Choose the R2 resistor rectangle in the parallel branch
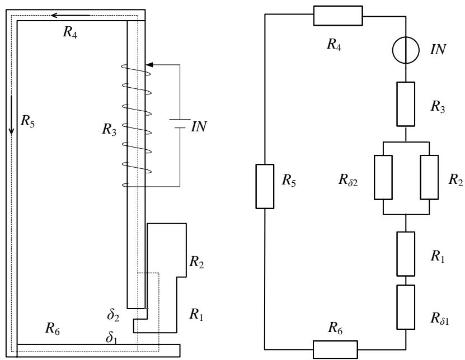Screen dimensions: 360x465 click(x=429, y=177)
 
